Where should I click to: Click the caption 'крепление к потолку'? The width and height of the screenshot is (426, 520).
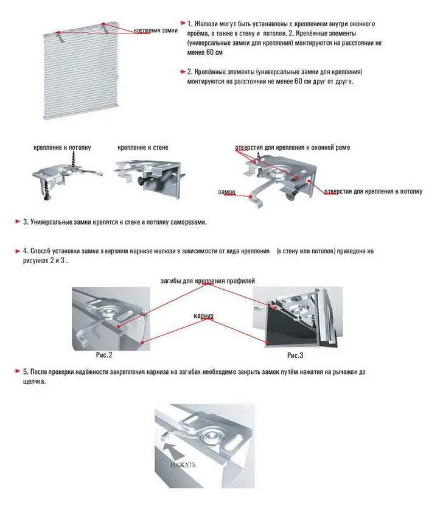click(x=62, y=147)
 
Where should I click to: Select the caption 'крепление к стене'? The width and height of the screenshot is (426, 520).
click(x=142, y=147)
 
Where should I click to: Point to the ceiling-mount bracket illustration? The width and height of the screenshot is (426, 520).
click(x=66, y=174)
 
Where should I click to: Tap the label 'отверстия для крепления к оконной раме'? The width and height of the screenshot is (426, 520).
click(x=292, y=147)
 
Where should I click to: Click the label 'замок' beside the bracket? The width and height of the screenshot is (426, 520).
click(x=226, y=192)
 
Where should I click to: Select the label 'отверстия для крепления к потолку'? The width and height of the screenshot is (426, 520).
click(x=372, y=191)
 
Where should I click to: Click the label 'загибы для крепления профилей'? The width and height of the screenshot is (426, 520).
click(x=208, y=281)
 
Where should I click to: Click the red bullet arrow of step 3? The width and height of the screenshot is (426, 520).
click(x=18, y=222)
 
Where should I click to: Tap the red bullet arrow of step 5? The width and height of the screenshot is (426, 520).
click(x=18, y=371)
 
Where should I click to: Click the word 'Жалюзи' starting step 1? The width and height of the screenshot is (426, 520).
click(x=206, y=23)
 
